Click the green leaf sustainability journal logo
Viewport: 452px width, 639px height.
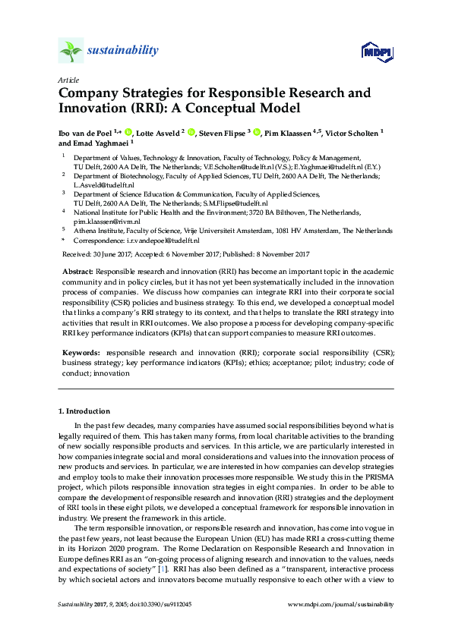[70, 51]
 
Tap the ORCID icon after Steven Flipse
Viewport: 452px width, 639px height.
[258, 132]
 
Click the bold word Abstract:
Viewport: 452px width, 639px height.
[77, 271]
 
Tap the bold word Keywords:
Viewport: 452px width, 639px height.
[80, 353]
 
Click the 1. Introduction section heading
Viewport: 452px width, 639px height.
[84, 411]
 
